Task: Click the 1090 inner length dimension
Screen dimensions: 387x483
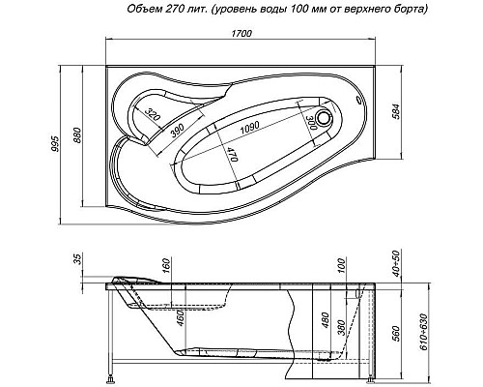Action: [252, 126]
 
